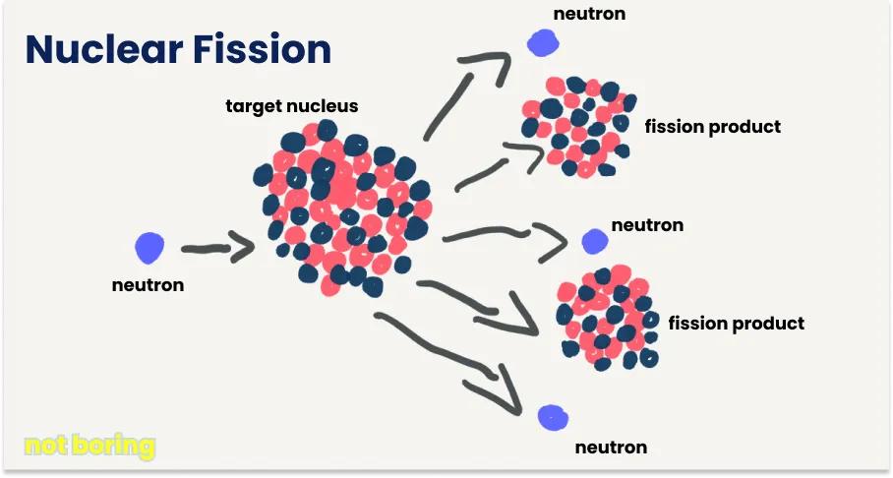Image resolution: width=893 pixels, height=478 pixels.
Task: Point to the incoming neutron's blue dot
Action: pos(149,247)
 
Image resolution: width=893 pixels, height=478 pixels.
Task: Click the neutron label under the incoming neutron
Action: pos(148,285)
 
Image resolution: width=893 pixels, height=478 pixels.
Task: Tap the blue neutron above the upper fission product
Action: pos(542,41)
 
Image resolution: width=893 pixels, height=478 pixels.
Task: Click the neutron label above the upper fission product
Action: pos(589,14)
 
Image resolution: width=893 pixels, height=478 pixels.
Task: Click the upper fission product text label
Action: pos(712,127)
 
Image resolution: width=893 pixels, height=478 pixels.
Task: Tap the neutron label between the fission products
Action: pos(647,225)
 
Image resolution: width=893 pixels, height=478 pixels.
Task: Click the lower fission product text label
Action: pos(736,324)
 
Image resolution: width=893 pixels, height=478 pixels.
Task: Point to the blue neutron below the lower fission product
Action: pos(553,416)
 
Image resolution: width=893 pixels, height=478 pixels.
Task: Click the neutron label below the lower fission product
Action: pos(611,448)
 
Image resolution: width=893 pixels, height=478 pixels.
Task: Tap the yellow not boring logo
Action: pos(89,447)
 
